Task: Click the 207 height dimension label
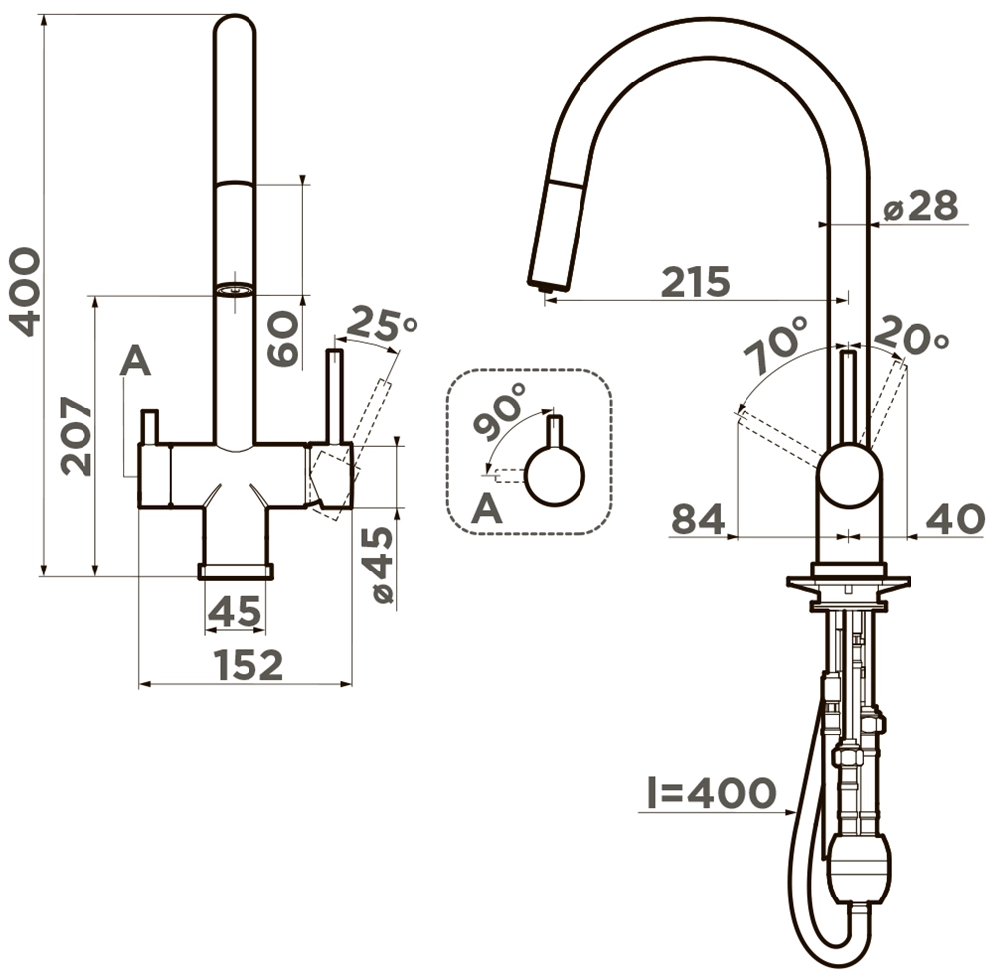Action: (77, 436)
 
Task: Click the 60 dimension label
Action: (282, 338)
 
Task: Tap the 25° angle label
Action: (381, 323)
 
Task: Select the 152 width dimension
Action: (248, 665)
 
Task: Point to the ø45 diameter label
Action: (382, 566)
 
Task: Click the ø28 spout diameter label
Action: (920, 206)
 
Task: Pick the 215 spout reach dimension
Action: (696, 282)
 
